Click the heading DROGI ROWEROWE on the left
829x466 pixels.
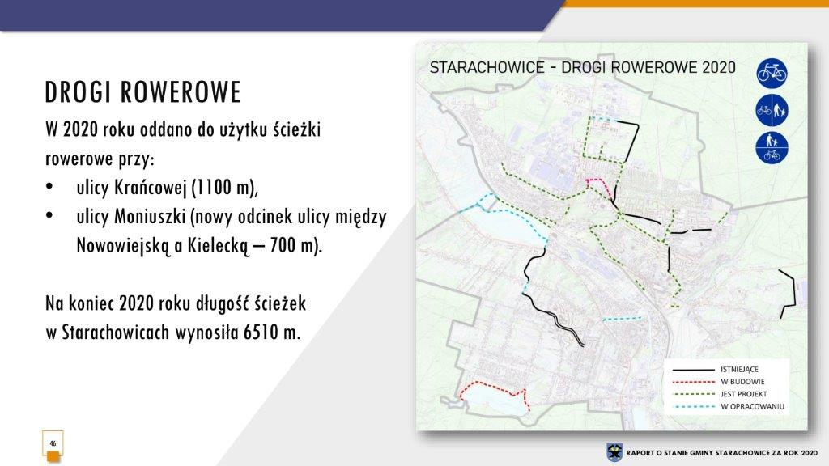142,92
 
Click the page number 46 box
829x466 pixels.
53,443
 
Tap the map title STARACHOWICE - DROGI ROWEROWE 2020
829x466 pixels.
583,68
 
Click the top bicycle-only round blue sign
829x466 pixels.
772,72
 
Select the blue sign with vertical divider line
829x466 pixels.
772,110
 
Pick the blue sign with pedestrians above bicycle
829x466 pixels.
772,148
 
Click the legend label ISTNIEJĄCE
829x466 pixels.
739,369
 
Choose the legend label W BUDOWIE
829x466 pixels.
742,382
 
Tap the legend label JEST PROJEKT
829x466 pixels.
743,394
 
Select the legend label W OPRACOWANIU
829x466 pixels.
752,407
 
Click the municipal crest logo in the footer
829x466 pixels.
614,452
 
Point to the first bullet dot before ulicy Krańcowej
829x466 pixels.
49,187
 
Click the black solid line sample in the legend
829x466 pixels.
693,369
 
